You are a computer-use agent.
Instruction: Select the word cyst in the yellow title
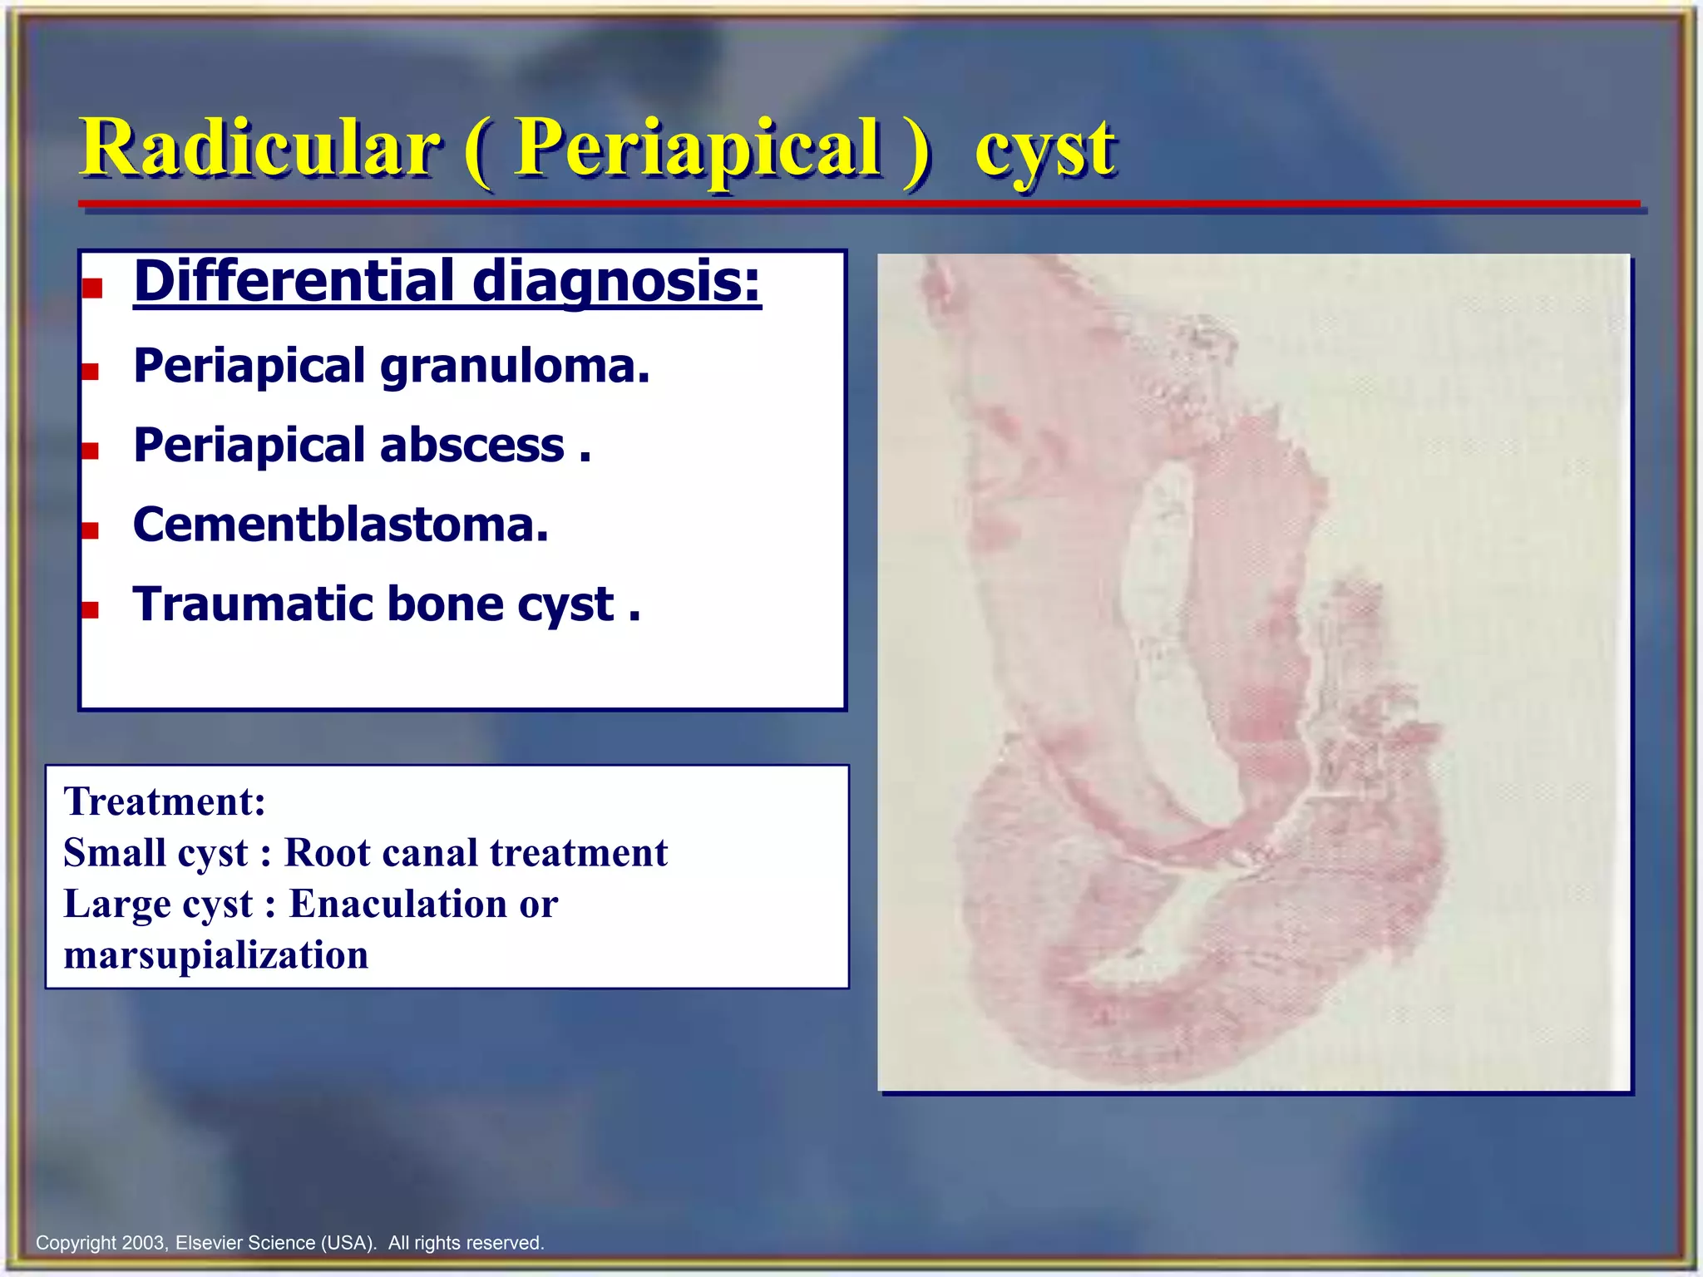click(x=1044, y=151)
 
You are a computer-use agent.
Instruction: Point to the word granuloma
click(x=515, y=367)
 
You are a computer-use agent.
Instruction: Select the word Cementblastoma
click(x=341, y=525)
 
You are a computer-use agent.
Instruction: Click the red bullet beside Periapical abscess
click(x=91, y=451)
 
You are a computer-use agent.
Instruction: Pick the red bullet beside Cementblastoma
click(x=91, y=530)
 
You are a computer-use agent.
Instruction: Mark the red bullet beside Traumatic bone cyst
click(x=91, y=609)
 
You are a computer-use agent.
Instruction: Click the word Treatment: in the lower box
click(x=165, y=802)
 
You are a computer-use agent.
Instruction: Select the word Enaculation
click(x=397, y=905)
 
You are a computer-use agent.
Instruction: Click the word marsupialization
click(x=216, y=955)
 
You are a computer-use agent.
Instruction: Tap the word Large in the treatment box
click(x=116, y=905)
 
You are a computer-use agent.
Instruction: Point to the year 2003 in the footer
click(x=144, y=1243)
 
